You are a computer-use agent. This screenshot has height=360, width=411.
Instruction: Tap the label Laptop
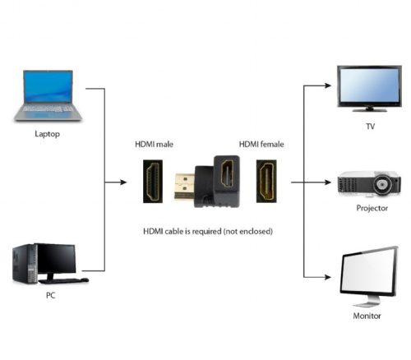47,133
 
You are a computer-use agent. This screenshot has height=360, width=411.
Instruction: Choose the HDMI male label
155,145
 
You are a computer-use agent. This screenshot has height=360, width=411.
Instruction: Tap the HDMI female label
261,145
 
